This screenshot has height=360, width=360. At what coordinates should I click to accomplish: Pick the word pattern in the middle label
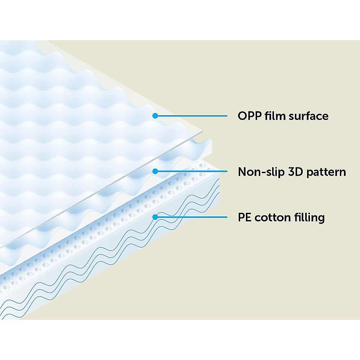tap(326, 172)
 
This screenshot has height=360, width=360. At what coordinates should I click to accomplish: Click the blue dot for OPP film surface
tap(155, 116)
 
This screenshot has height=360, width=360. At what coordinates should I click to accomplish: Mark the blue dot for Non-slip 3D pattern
tap(155, 171)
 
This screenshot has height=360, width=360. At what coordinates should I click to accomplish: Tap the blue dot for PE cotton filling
tap(155, 217)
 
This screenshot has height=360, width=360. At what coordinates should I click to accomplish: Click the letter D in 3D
tap(299, 172)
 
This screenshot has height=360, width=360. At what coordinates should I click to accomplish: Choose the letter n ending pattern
tap(342, 173)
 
